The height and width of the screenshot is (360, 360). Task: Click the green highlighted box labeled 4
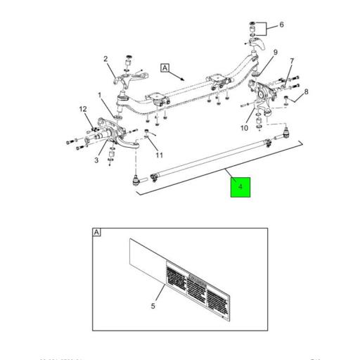pos(240,188)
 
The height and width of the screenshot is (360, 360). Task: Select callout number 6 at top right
pos(282,25)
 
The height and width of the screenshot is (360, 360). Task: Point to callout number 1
pos(100,95)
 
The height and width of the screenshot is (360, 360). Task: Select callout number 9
pos(276,52)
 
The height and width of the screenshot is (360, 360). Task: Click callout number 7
pos(292,62)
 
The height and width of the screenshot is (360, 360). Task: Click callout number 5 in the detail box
pos(153,306)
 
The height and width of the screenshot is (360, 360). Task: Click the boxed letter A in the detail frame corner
pos(97,232)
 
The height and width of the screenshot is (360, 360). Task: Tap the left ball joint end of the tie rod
pos(136,182)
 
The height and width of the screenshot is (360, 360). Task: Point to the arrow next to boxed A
pos(180,77)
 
